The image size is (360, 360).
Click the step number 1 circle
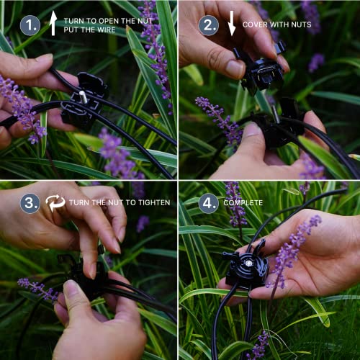pos(30,26)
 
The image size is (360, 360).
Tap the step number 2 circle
pos(208,26)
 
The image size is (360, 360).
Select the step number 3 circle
pos(30,202)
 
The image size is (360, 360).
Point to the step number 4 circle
pos(208,202)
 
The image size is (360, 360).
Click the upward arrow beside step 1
pos(53,25)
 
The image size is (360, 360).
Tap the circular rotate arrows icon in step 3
pos(55,202)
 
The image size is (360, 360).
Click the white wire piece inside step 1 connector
pos(84,96)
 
